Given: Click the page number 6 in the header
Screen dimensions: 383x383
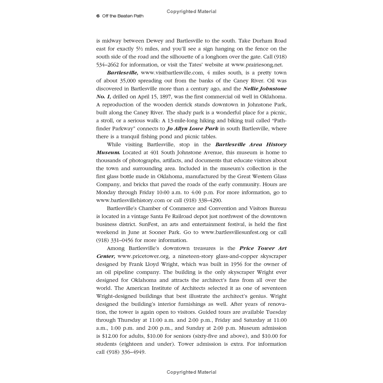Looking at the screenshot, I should point(98,16).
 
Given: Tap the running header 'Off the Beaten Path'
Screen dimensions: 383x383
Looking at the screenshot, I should point(123,16).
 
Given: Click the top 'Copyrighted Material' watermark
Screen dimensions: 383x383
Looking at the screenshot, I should point(191,11).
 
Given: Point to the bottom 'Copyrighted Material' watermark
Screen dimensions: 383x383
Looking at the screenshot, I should point(191,372).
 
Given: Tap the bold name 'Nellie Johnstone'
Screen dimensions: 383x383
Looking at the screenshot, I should point(265,89).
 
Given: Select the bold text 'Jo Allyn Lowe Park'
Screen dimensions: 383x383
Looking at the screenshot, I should point(192,129).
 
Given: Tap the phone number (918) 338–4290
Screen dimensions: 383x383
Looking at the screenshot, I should point(203,200).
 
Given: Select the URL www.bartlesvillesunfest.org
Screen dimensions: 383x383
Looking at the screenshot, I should point(235,232).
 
